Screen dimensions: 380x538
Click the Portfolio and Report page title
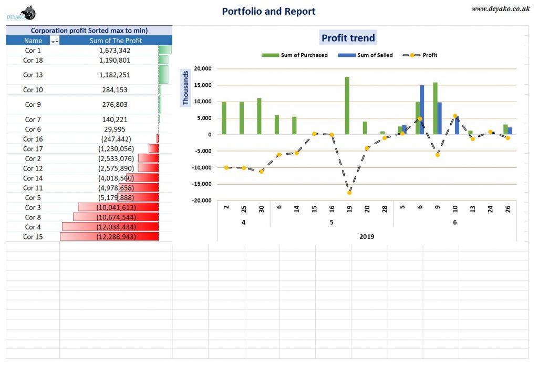click(x=268, y=11)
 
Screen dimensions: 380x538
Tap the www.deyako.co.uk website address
click(x=500, y=8)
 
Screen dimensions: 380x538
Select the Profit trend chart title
click(x=348, y=38)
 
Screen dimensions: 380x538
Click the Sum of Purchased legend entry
click(x=294, y=55)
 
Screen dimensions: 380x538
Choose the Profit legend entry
click(x=420, y=55)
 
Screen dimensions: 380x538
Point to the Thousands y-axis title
click(x=185, y=87)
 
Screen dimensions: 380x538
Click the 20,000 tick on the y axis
click(x=202, y=68)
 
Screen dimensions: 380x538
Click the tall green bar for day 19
click(x=347, y=105)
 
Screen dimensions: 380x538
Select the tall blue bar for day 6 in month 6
click(x=422, y=109)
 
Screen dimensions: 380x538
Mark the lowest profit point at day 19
click(x=349, y=193)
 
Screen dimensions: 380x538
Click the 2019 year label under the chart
click(x=367, y=237)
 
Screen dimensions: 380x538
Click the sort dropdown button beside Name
click(x=55, y=41)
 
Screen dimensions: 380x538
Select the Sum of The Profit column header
click(x=116, y=41)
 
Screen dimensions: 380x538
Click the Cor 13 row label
click(x=33, y=75)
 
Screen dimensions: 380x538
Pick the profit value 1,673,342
click(x=115, y=51)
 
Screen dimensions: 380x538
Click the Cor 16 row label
click(x=33, y=139)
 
